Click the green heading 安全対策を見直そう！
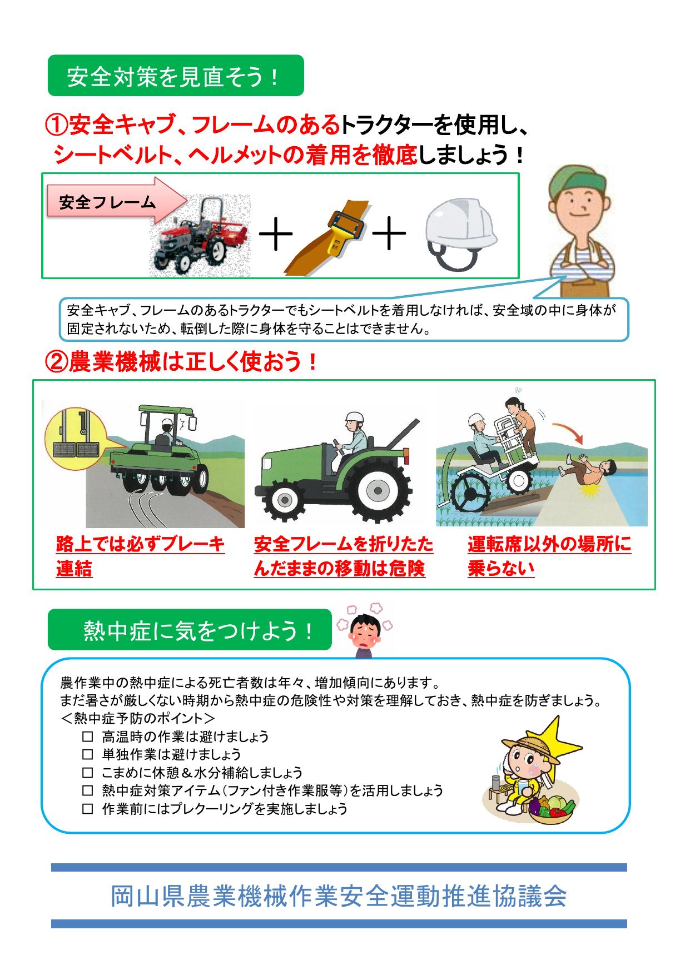[175, 76]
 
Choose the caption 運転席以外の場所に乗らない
[549, 556]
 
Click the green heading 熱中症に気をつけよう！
[190, 630]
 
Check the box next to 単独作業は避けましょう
[87, 754]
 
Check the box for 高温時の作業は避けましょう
[87, 737]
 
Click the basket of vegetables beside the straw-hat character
[550, 809]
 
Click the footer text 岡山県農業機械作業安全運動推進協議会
[339, 896]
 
